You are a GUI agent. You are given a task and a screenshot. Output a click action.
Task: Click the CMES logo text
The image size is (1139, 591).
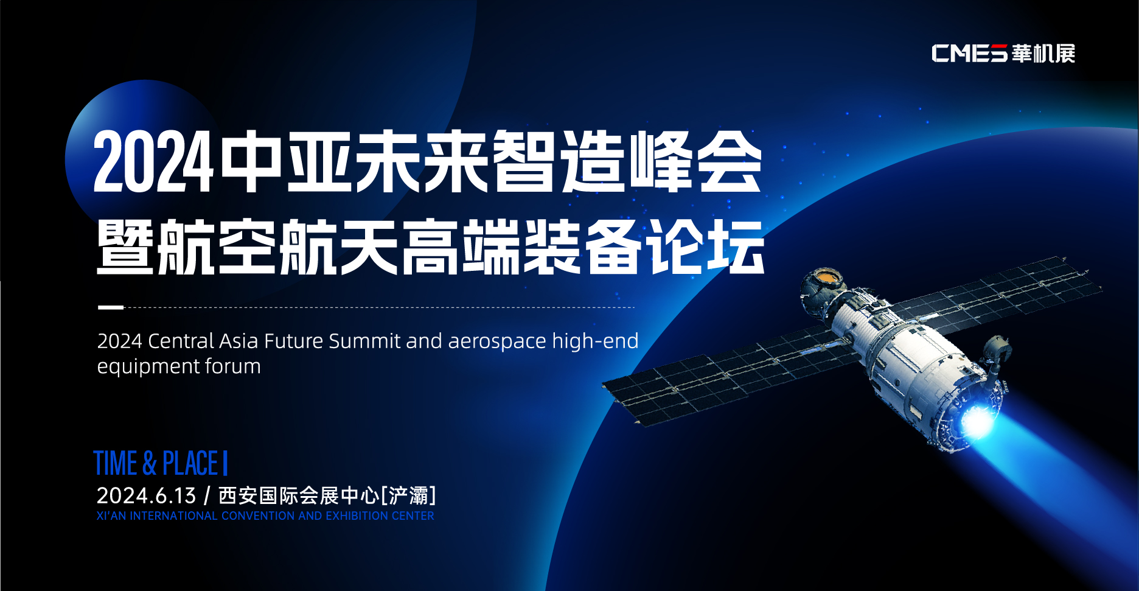970,54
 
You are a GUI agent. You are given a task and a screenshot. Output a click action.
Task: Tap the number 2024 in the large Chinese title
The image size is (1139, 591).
153,163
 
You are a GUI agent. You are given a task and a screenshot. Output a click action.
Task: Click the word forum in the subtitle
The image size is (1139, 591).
233,366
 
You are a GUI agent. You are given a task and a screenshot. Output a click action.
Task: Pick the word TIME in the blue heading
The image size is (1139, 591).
116,463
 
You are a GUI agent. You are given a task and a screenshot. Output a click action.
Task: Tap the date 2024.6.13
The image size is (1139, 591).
146,496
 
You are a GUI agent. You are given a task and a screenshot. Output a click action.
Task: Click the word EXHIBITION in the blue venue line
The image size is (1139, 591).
357,516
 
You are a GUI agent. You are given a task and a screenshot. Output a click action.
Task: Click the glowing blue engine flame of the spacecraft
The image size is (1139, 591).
978,421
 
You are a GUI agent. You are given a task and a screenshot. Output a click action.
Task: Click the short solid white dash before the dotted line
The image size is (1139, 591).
111,307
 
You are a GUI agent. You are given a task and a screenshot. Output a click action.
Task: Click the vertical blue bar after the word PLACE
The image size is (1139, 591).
225,463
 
